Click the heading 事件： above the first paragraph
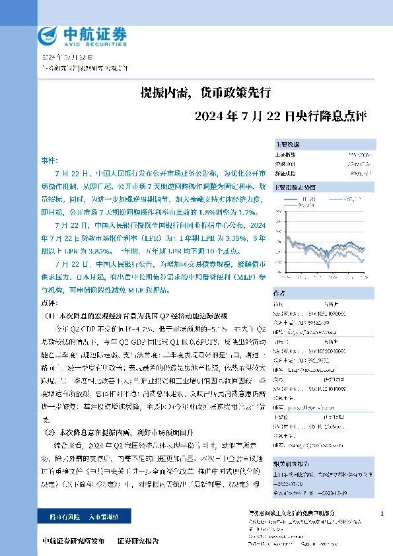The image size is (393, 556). click(50, 160)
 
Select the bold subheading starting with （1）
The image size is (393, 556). click(138, 316)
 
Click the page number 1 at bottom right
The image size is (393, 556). click(382, 513)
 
